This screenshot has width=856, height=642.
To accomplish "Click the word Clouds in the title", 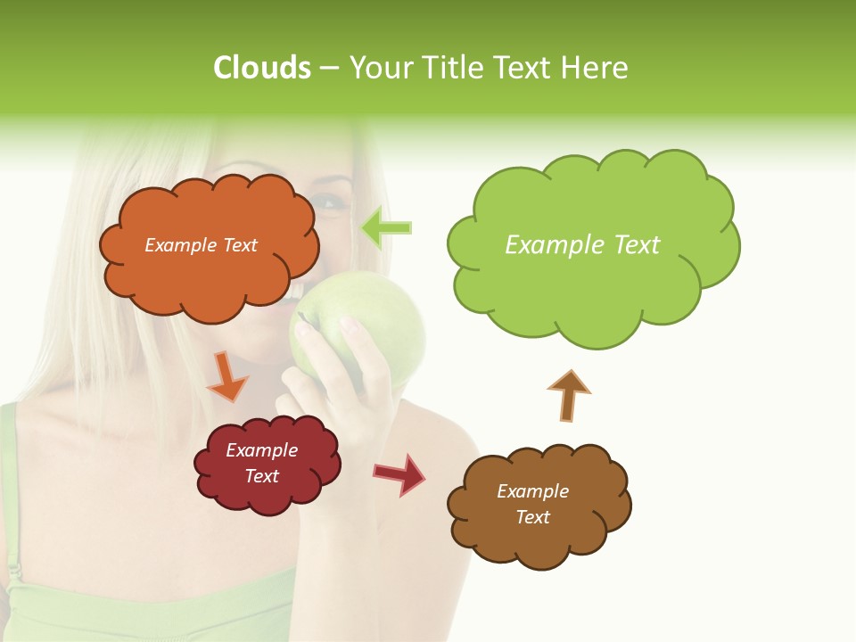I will coord(261,68).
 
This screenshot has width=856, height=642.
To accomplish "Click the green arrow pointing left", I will coord(387,228).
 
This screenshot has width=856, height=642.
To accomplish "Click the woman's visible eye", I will coord(327,203).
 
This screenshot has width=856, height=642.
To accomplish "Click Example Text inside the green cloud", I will coord(582,245).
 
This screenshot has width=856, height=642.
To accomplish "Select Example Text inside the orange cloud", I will coord(201,245).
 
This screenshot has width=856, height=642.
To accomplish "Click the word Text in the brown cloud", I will coord(532,517).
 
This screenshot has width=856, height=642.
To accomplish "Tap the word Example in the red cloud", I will coord(261,450).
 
